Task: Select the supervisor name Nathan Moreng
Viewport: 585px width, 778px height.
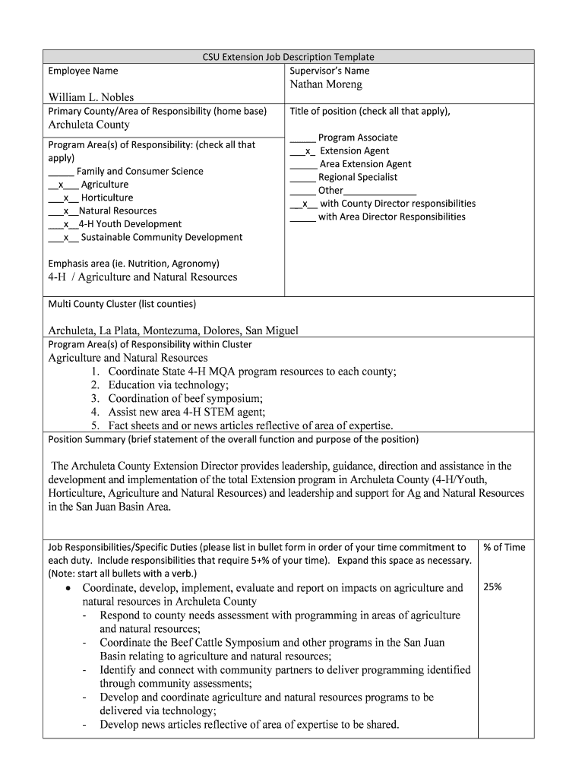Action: click(326, 84)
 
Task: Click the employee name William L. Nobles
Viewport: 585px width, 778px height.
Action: click(91, 97)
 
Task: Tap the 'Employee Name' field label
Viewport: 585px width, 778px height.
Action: click(83, 71)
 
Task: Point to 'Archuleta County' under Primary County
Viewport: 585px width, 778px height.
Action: click(89, 125)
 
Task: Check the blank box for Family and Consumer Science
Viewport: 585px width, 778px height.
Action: click(61, 172)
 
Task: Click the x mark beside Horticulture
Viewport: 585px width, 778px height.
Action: click(66, 198)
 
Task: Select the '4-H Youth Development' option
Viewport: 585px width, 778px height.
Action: click(130, 224)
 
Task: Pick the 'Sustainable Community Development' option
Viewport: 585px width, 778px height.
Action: click(161, 237)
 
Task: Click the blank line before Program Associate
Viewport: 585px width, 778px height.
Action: click(302, 138)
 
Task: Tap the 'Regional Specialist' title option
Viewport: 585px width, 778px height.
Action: click(357, 177)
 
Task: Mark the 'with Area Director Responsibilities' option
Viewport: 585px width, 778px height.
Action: click(391, 217)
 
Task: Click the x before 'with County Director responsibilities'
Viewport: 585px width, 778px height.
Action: click(305, 204)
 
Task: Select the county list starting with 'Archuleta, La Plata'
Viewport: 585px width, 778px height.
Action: click(173, 330)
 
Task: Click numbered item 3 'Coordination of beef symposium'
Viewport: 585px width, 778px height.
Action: click(185, 398)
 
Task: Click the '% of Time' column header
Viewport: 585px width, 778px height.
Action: click(504, 547)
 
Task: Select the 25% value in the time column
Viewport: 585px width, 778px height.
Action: click(492, 587)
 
